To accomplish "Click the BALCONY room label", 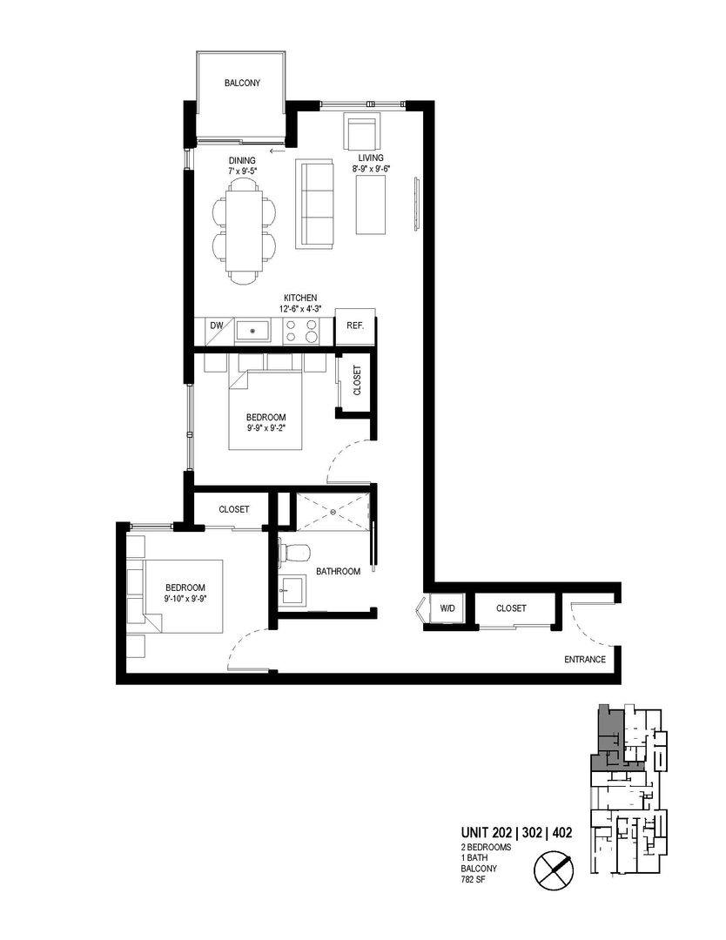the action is [242, 83].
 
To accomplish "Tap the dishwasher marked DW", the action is [217, 331].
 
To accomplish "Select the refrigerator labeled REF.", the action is [355, 326].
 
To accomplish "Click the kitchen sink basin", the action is [253, 331].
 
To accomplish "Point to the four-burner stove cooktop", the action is [301, 331].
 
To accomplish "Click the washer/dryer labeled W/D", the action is [447, 608].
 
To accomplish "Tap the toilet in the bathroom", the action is [294, 553].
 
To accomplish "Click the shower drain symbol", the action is [333, 512].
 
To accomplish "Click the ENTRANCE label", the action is [584, 660].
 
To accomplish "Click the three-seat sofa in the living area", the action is [314, 204].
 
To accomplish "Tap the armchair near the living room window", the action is [361, 132].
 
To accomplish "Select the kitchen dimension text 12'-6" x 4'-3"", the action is [299, 309].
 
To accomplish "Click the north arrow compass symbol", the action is [554, 868].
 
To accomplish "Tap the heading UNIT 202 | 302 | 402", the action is [516, 832].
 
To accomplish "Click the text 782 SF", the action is [474, 879].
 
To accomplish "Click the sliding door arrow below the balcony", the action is [277, 151].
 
